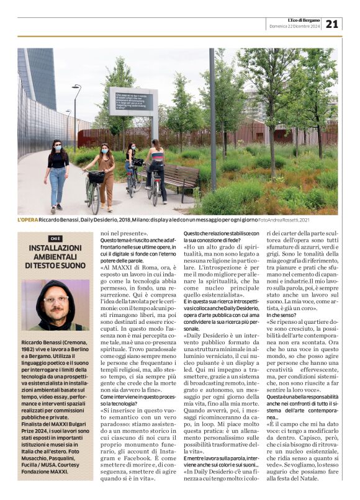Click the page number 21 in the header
(x=332, y=24)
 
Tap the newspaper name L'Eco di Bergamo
(x=304, y=20)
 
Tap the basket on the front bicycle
(x=96, y=177)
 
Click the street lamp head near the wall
(x=76, y=87)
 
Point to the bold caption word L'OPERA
(x=27, y=220)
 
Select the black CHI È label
(x=55, y=238)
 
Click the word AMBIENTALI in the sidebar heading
(x=55, y=256)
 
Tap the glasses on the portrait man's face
(x=55, y=299)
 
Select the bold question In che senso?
(x=282, y=315)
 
